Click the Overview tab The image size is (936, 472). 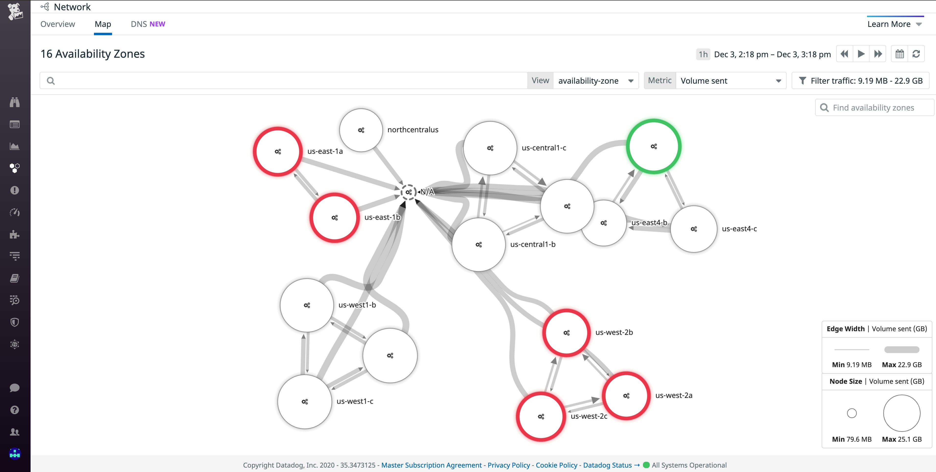pyautogui.click(x=57, y=24)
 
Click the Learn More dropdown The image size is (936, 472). pyautogui.click(x=894, y=24)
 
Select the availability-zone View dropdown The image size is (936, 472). pyautogui.click(x=595, y=81)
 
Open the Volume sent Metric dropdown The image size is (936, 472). pyautogui.click(x=730, y=81)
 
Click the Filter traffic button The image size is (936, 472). pyautogui.click(x=860, y=81)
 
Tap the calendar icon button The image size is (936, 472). pyautogui.click(x=899, y=54)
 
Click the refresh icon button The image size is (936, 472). pyautogui.click(x=916, y=54)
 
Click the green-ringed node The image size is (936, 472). pyautogui.click(x=653, y=146)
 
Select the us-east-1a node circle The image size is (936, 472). pyautogui.click(x=278, y=152)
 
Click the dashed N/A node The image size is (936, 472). pyautogui.click(x=408, y=192)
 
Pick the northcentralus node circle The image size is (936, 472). pyautogui.click(x=361, y=130)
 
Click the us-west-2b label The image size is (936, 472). pyautogui.click(x=614, y=332)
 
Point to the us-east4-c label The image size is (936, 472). pyautogui.click(x=739, y=229)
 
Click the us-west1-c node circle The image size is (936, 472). pyautogui.click(x=305, y=402)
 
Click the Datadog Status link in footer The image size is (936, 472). pyautogui.click(x=607, y=465)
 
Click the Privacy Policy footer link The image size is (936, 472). pyautogui.click(x=508, y=465)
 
